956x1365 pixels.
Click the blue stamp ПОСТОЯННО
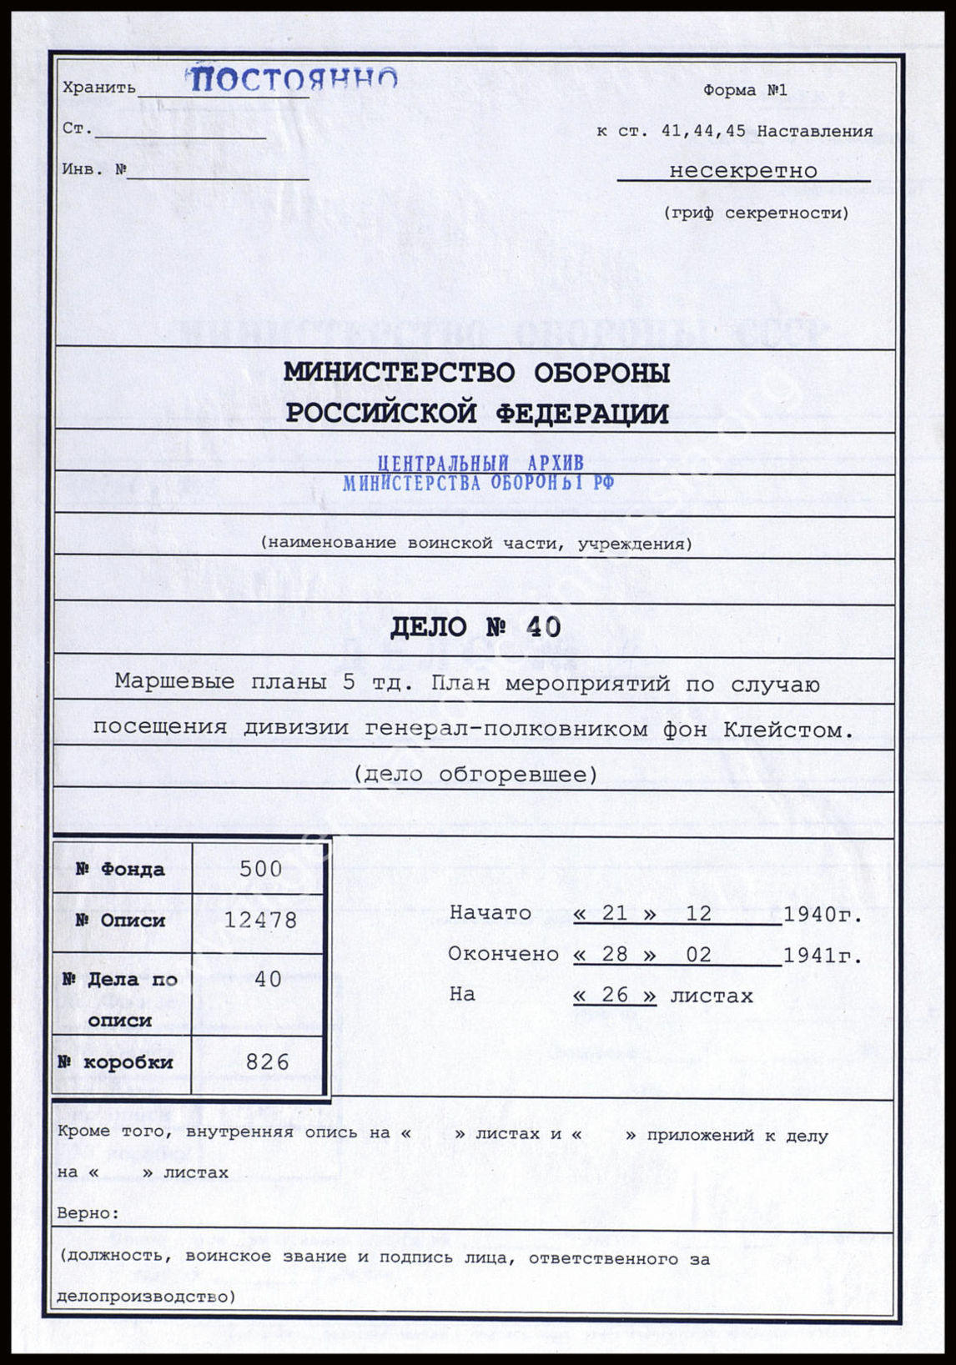click(291, 80)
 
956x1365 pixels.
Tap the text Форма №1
click(745, 90)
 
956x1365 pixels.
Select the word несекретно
click(743, 171)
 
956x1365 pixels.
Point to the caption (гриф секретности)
click(757, 213)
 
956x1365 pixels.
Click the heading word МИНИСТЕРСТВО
click(400, 373)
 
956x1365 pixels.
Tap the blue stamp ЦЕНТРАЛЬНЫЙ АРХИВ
click(481, 463)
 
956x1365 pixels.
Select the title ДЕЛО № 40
click(476, 627)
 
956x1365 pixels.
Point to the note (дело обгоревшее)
click(476, 775)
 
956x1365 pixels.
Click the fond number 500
click(261, 869)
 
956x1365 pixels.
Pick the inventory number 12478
click(261, 921)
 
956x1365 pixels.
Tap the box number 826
click(268, 1062)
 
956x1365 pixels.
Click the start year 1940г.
click(823, 915)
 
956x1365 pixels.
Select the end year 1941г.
click(823, 956)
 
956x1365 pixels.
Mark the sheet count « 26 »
click(615, 996)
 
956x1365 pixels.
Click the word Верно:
click(88, 1213)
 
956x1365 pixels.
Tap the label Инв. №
click(94, 170)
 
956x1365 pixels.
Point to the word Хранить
click(99, 88)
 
